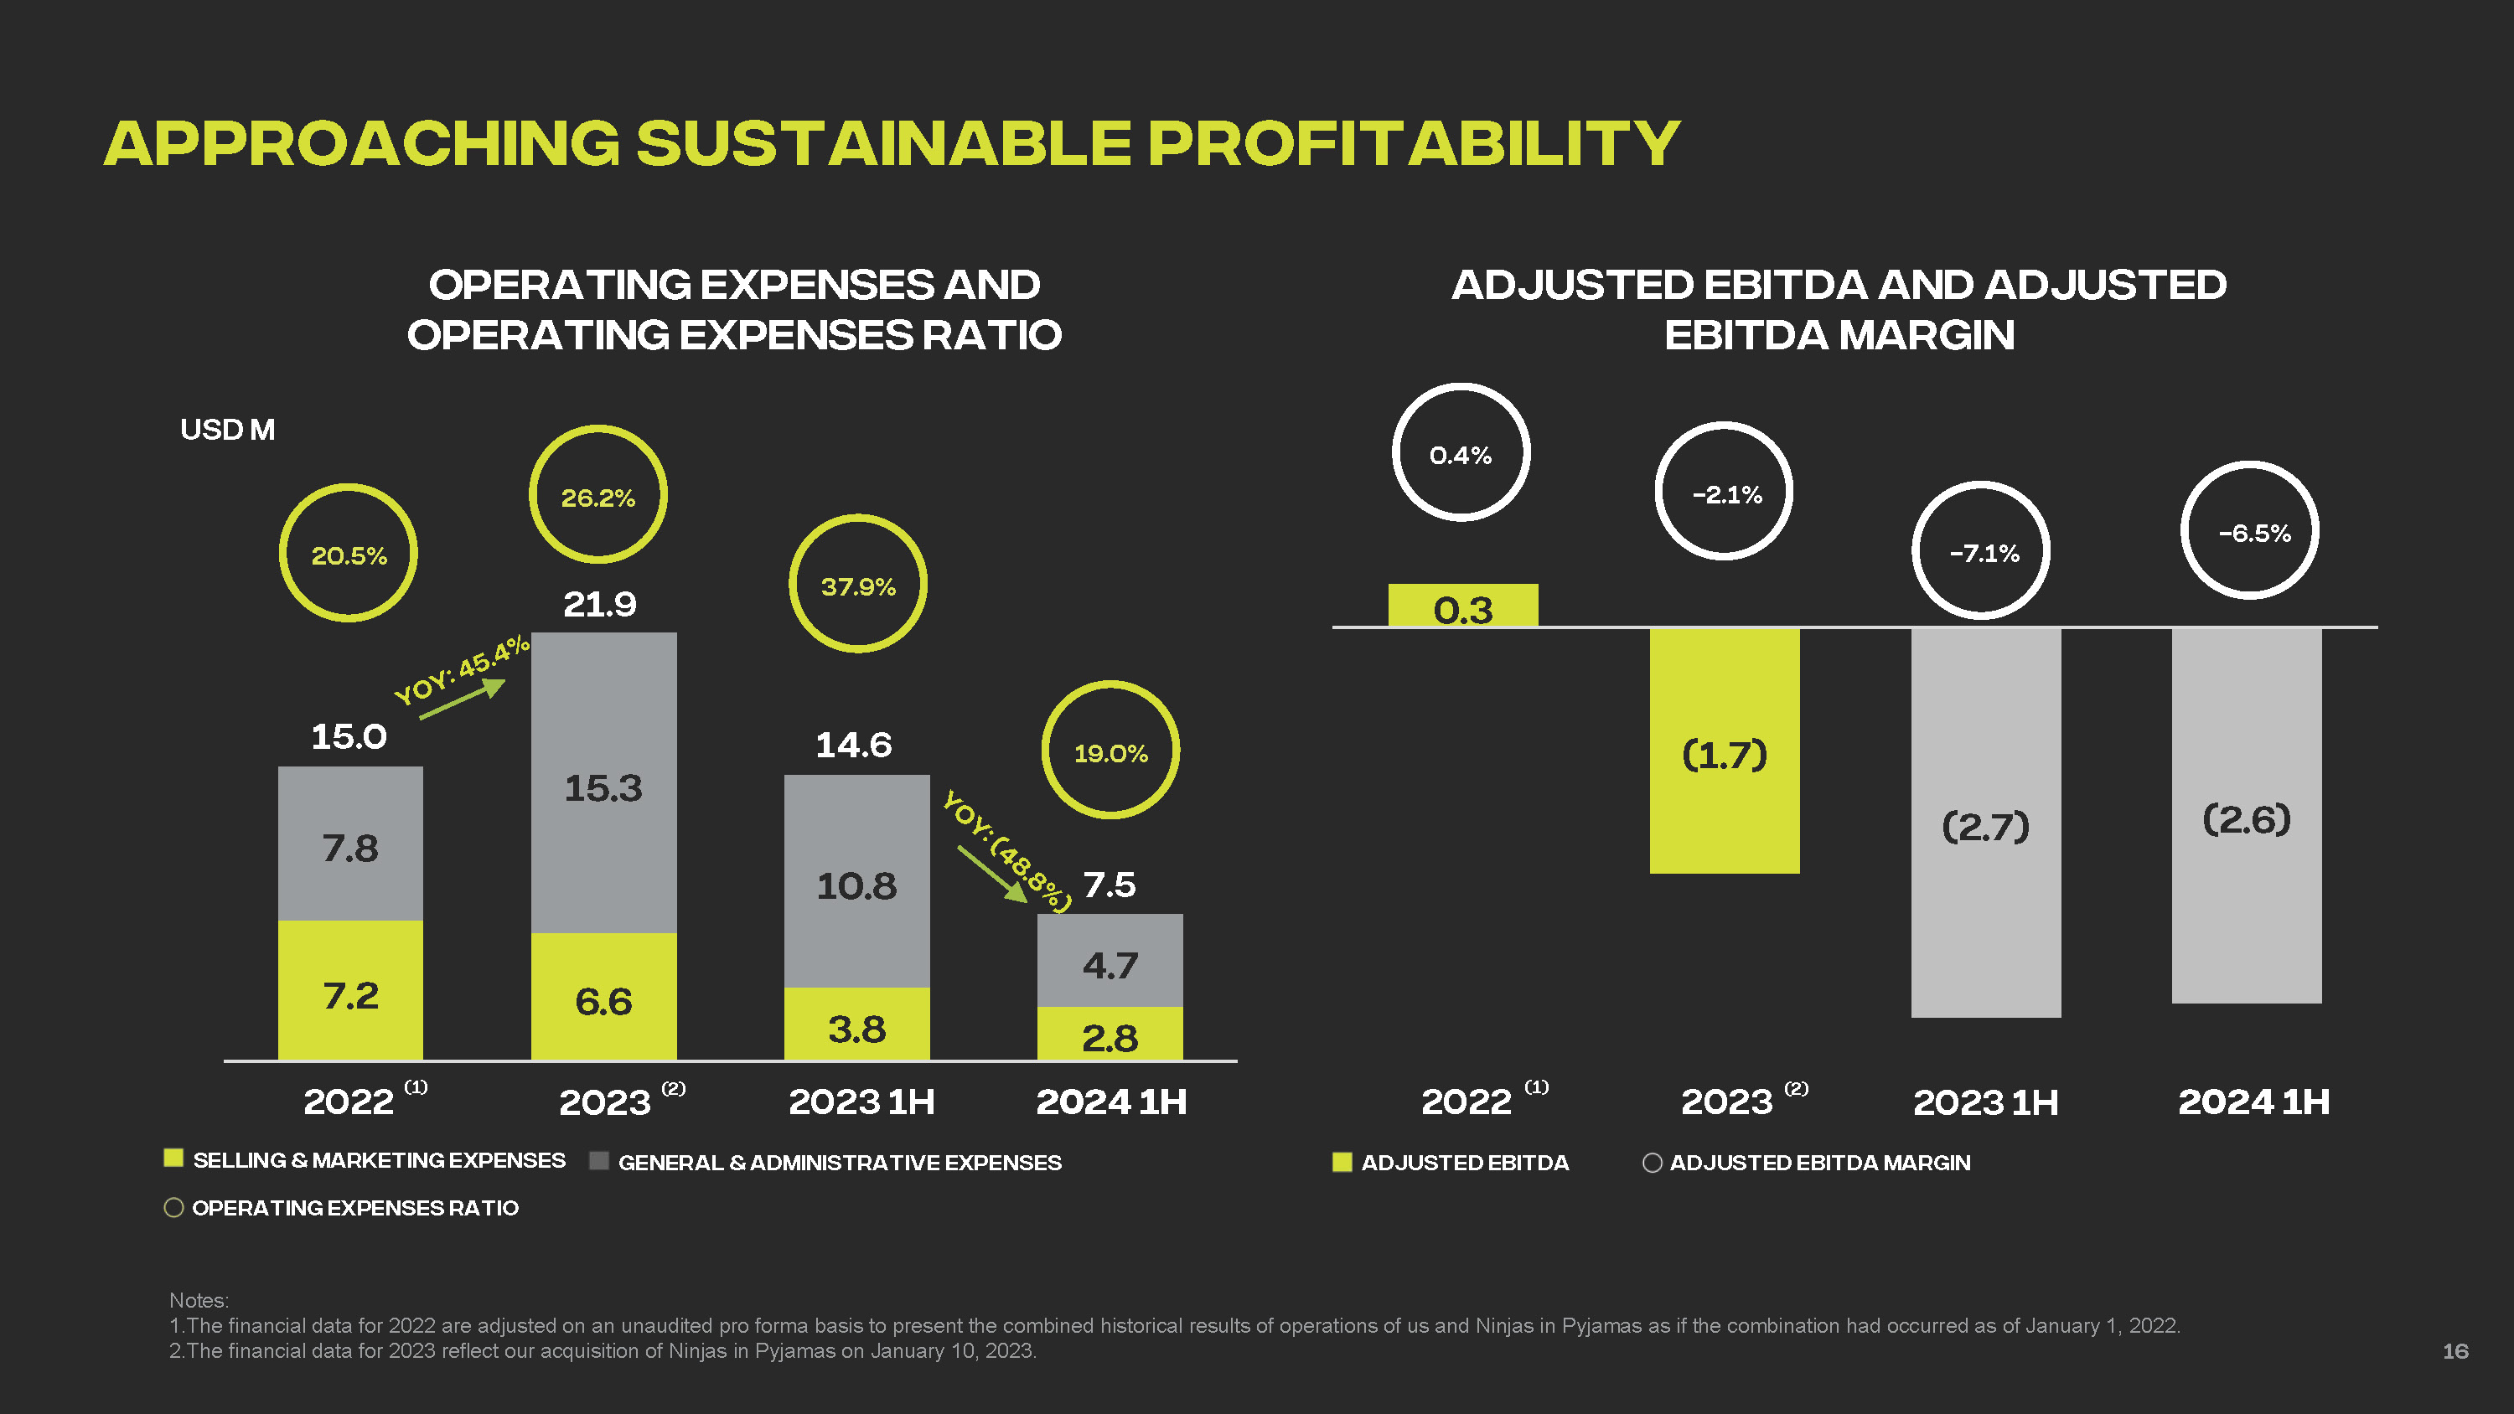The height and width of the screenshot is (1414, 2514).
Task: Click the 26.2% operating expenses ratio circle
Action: click(597, 495)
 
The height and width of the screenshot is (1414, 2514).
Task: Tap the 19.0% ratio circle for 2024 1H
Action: click(1110, 751)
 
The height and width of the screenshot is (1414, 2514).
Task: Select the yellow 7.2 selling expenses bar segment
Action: click(350, 989)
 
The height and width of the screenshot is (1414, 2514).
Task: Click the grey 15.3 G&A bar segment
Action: click(603, 782)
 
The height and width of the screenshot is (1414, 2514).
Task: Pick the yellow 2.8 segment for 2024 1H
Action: click(1110, 1034)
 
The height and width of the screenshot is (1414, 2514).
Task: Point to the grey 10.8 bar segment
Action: click(856, 881)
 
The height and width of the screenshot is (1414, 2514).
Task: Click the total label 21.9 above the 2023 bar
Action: click(599, 605)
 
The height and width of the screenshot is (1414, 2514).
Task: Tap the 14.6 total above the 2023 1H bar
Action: click(853, 746)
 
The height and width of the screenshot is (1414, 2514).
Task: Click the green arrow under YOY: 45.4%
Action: click(463, 699)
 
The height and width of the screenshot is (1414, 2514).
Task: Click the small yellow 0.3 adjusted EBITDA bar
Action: click(1462, 605)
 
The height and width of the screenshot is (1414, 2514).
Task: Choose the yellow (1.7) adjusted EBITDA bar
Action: click(1724, 751)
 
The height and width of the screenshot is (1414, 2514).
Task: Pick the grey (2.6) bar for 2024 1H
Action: click(2246, 816)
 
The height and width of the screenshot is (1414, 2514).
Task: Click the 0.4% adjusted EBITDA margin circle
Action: click(1460, 453)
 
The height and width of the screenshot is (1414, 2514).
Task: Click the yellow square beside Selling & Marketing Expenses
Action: click(173, 1159)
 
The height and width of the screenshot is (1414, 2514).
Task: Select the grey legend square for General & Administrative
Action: click(599, 1160)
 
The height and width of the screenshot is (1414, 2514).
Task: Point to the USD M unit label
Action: click(227, 430)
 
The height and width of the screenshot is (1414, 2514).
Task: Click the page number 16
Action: click(2455, 1351)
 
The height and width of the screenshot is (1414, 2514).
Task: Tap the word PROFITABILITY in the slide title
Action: click(1412, 143)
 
